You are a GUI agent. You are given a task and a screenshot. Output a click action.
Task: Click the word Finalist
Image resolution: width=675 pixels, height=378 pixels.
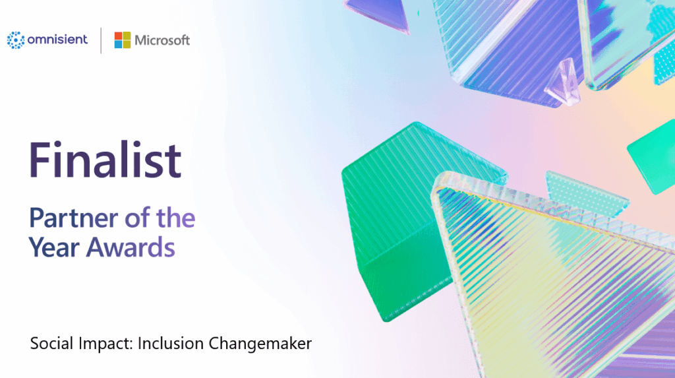coord(105,160)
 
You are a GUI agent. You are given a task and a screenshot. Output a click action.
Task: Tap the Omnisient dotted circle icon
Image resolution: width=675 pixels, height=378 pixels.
coord(15,40)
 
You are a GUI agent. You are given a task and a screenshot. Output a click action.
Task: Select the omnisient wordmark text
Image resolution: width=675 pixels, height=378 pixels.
coord(57,40)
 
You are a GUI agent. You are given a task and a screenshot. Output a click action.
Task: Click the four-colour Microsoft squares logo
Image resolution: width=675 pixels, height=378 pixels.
coord(122,40)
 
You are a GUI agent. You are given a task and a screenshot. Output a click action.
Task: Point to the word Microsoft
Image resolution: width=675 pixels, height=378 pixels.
coord(162,40)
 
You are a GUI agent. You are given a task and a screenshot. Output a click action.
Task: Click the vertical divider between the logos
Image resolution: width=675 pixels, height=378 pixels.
coord(101,40)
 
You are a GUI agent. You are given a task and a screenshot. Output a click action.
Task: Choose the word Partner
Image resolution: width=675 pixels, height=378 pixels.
coord(73,218)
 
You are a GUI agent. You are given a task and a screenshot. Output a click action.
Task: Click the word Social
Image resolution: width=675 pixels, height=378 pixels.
coord(52,344)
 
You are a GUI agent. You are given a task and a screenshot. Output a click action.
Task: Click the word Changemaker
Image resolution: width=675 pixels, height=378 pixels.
coord(260,344)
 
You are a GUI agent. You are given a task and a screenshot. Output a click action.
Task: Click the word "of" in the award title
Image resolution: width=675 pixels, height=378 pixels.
coord(137,218)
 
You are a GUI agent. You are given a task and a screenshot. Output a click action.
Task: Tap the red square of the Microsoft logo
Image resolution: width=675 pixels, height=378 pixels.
coord(118,36)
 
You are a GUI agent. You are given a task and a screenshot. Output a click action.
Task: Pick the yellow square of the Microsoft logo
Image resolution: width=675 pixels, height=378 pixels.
coord(127,44)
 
